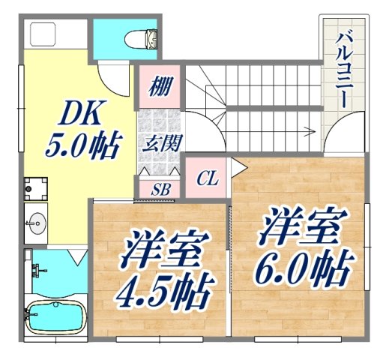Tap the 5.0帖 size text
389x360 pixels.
pos(81,145)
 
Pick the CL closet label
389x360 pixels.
pos(208,178)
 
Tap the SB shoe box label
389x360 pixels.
pos(160,189)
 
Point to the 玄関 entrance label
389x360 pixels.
pos(160,142)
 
